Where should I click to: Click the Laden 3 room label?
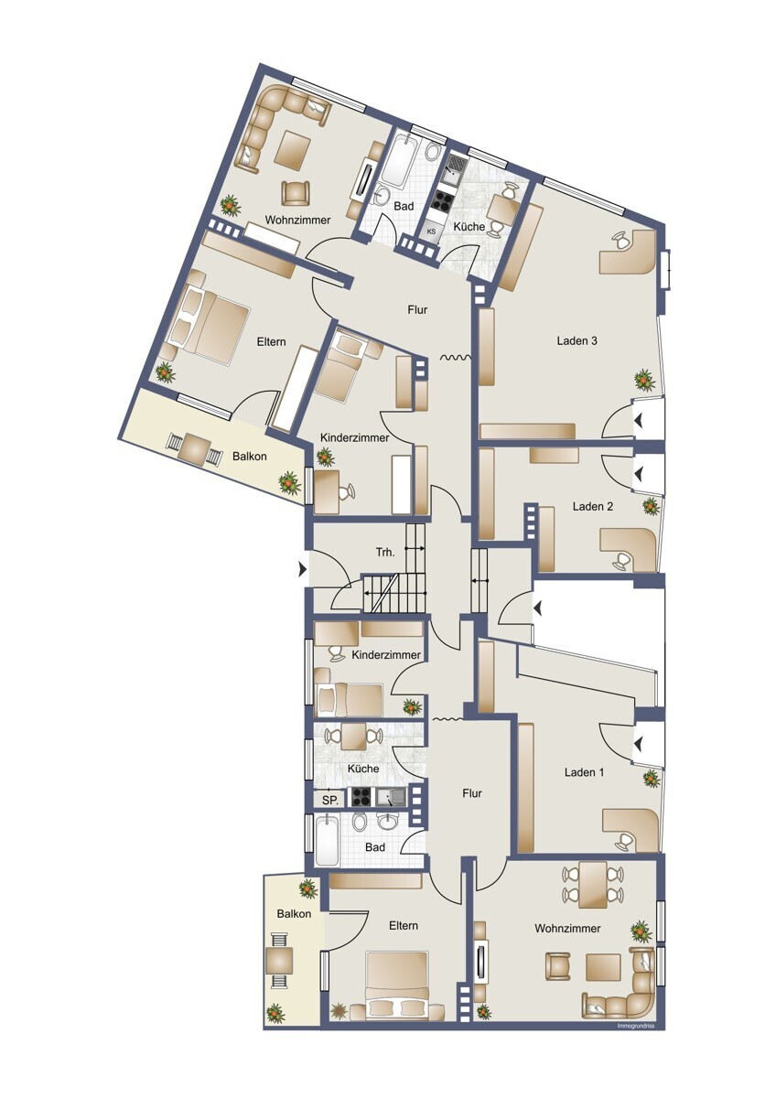[577, 340]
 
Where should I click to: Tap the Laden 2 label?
[593, 506]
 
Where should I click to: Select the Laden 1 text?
[585, 772]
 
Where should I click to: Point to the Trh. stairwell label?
[385, 553]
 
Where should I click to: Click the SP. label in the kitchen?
[331, 801]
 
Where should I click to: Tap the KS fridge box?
[432, 231]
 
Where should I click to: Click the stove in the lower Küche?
[361, 798]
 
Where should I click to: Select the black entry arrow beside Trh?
[303, 569]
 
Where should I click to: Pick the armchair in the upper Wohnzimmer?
[296, 193]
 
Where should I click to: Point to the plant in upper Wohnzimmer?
[230, 205]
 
